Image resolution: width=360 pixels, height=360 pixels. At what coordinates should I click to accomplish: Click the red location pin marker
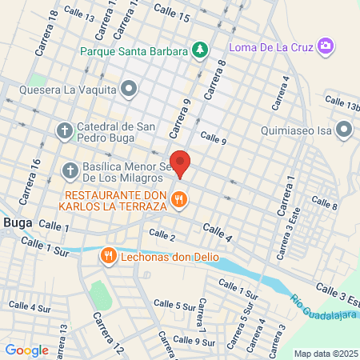(181, 162)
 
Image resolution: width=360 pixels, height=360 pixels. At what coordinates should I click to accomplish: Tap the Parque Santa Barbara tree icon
(199, 50)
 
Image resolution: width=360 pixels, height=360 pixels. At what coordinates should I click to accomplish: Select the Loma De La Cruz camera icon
(325, 46)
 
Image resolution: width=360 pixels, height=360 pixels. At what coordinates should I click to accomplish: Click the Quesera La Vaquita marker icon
(129, 87)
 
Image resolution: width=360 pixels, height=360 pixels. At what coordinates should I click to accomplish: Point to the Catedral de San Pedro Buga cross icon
(65, 130)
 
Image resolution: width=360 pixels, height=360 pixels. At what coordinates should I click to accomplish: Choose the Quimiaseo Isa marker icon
(344, 129)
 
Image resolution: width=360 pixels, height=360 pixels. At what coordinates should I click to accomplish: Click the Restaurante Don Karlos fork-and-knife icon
(179, 201)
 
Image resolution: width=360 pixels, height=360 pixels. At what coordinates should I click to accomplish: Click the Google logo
(26, 350)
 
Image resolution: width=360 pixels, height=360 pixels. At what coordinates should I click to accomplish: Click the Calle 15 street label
(171, 12)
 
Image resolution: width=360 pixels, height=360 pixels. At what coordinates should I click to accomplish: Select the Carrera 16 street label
(34, 174)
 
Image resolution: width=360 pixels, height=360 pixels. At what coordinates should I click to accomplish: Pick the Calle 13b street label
(342, 103)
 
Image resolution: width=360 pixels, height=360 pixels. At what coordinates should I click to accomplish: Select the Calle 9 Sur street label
(196, 342)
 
